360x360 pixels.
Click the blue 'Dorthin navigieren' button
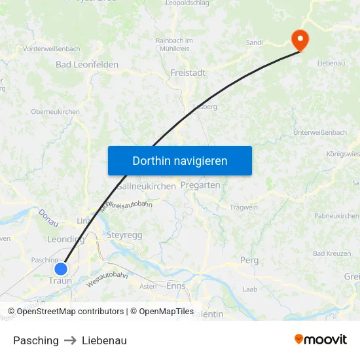click(180, 160)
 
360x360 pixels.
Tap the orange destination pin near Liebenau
click(300, 39)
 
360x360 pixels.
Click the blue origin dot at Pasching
click(61, 268)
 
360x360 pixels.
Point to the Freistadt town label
click(188, 73)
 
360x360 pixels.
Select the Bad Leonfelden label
click(87, 65)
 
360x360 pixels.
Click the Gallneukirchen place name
click(147, 187)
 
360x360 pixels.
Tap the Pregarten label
click(200, 185)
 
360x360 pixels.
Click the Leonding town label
click(65, 240)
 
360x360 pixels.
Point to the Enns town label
click(176, 286)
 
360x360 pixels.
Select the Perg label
click(249, 261)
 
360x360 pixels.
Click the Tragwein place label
click(244, 207)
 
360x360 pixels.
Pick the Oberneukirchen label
click(56, 112)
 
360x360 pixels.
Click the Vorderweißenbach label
click(52, 49)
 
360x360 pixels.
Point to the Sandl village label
click(255, 43)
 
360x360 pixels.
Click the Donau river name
click(48, 218)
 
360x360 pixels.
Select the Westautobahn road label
click(107, 279)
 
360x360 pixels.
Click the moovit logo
click(321, 340)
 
